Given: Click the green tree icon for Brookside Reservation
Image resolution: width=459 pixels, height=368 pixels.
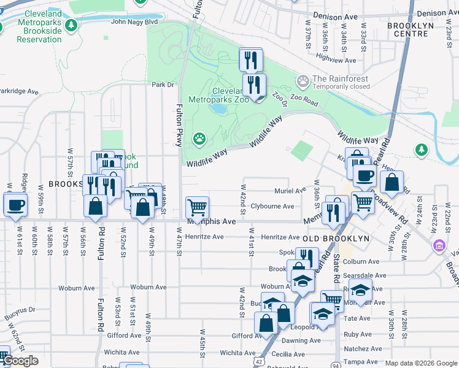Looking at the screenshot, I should [72, 25].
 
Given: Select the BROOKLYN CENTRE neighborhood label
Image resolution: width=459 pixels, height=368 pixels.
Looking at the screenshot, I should [419, 26].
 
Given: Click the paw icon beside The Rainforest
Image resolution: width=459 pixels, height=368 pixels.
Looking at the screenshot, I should [303, 81].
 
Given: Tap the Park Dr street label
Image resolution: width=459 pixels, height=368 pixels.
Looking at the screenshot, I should [163, 85].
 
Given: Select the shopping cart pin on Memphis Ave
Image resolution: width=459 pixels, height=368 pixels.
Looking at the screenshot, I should [197, 207].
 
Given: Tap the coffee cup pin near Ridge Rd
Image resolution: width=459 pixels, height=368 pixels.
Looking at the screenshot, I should [15, 205].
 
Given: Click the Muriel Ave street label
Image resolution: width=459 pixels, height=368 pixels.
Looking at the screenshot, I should [290, 191].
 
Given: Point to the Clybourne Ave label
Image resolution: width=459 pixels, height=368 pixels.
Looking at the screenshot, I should [272, 206].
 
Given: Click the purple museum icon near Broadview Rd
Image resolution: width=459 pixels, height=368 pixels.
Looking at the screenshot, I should [439, 247].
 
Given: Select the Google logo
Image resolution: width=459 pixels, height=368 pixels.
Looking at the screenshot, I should [20, 361].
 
